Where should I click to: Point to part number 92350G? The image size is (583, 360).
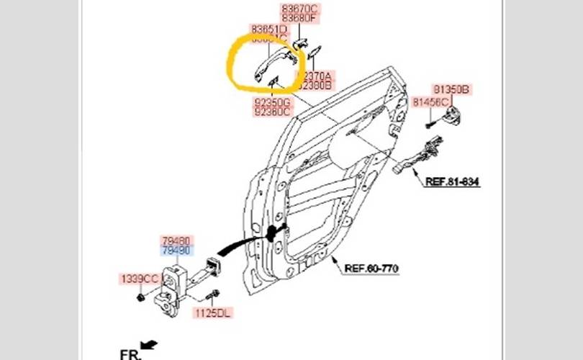[272, 103]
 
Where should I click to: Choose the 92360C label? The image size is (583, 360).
[272, 112]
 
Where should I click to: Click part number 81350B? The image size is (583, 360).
[451, 89]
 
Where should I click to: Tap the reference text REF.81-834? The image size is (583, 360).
[452, 182]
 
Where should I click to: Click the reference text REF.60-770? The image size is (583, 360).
[371, 269]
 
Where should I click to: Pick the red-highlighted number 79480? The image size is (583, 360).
[176, 241]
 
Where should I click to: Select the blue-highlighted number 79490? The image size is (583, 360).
[176, 251]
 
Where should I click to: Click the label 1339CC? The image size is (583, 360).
[139, 278]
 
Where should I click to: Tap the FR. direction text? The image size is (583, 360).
[129, 354]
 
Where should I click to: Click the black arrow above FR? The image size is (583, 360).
[148, 344]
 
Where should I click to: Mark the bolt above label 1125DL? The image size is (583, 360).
[211, 296]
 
